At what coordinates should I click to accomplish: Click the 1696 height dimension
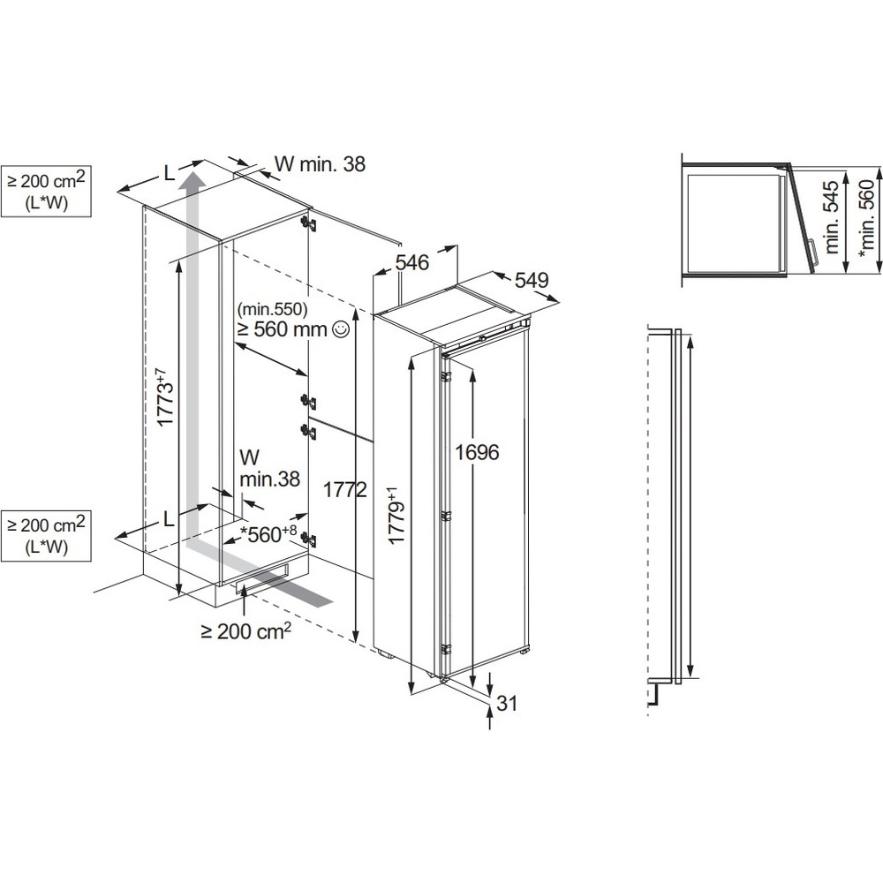[x=478, y=452]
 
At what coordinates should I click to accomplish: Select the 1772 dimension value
[x=345, y=491]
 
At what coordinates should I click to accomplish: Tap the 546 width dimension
[x=411, y=262]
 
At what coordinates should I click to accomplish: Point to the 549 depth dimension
[x=532, y=280]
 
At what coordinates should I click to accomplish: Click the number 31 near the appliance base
[x=506, y=704]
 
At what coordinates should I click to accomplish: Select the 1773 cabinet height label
[x=165, y=398]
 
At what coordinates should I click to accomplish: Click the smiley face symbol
[x=340, y=330]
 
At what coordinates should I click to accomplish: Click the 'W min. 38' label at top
[x=319, y=163]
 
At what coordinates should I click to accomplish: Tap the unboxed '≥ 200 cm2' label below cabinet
[x=245, y=631]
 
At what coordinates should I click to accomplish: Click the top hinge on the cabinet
[x=307, y=223]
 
